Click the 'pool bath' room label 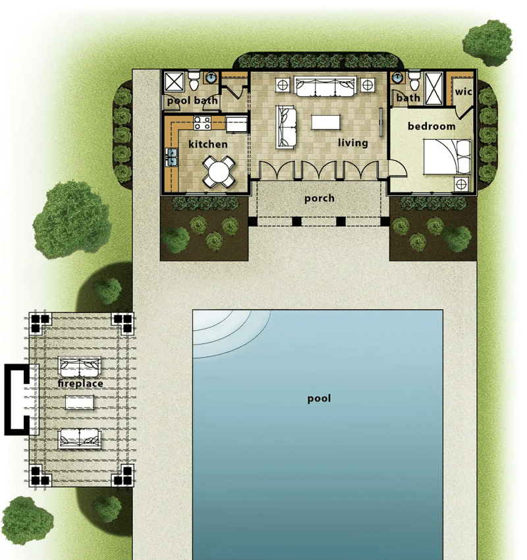click(192, 101)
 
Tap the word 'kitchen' click(208, 144)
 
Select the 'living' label click(353, 142)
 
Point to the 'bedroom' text click(431, 126)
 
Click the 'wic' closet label click(464, 92)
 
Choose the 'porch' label click(319, 198)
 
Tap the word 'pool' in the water click(319, 399)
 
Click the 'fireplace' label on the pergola click(80, 383)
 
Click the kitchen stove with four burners click(202, 123)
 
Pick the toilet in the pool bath click(194, 82)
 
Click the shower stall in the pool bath click(175, 82)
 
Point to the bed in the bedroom click(447, 157)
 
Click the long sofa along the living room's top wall click(324, 86)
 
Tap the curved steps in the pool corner click(227, 329)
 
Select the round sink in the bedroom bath click(397, 78)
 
